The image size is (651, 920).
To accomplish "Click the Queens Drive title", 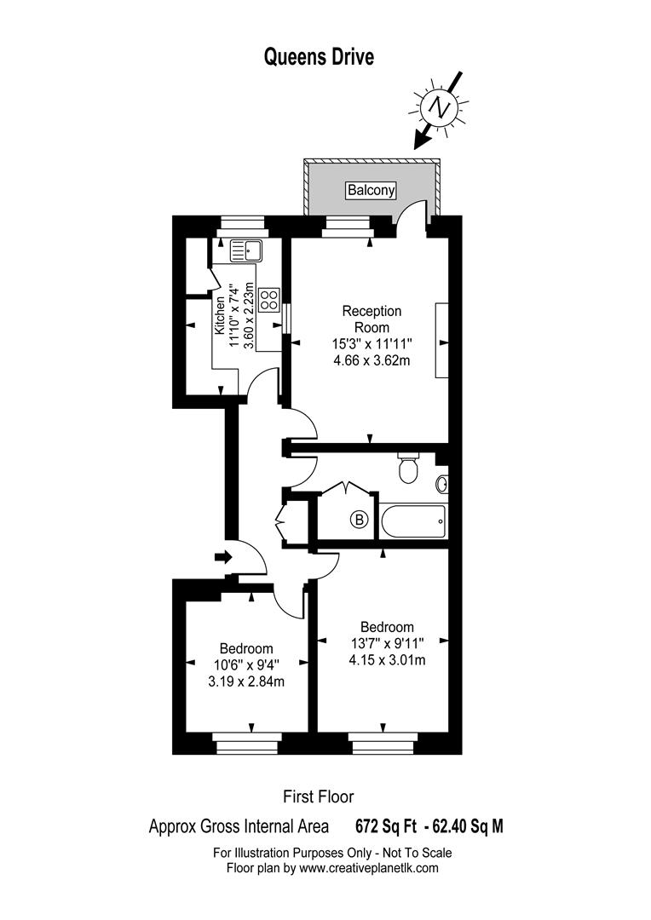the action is [319, 58].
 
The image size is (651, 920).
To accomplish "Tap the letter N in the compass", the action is [439, 107].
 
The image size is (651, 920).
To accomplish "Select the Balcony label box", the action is [371, 190].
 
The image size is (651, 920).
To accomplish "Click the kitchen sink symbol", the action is [247, 251].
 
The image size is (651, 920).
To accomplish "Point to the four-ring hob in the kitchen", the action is [270, 300].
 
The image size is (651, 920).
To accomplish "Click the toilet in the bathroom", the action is [407, 468].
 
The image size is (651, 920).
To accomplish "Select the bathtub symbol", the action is [413, 521].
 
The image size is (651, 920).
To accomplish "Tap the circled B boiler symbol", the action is [360, 520].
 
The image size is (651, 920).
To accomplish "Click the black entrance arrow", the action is [223, 557].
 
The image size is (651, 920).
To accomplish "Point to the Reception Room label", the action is [372, 319].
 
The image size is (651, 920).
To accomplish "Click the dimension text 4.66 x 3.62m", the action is [372, 360].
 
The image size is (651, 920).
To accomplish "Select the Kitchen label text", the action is [220, 315].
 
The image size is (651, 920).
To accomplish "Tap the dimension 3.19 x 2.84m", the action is [246, 681].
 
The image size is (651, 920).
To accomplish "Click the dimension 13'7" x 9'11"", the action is [387, 644].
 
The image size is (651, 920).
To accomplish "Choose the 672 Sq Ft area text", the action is [386, 826].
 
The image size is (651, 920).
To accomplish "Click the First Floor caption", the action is [319, 796].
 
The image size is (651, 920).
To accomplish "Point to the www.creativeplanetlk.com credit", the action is [369, 868].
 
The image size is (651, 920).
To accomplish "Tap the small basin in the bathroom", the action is [442, 484].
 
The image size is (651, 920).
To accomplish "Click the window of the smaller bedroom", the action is [246, 743].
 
